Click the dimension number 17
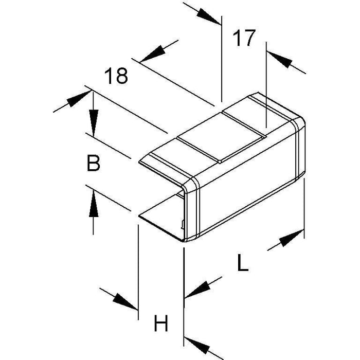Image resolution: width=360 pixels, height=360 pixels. [244, 39]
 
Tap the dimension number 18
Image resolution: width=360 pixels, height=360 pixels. [116, 76]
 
